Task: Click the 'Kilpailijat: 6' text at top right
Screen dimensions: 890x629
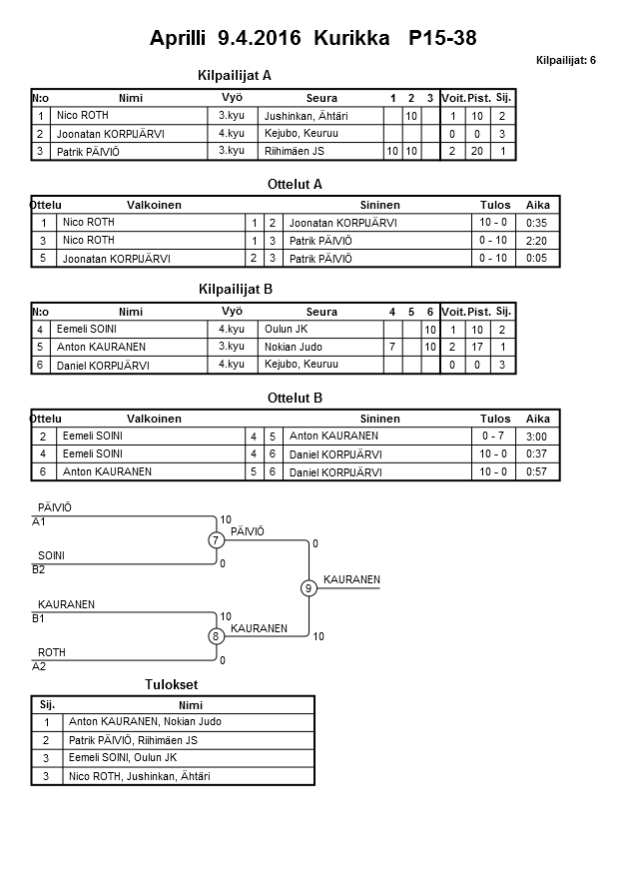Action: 565,61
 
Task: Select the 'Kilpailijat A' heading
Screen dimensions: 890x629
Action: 236,75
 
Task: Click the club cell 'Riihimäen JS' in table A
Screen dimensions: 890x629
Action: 294,151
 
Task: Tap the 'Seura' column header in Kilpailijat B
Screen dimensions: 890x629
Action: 321,312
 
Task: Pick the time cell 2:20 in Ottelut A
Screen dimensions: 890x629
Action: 537,241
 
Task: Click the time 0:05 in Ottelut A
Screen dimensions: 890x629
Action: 537,259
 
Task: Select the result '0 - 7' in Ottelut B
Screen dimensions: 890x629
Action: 493,437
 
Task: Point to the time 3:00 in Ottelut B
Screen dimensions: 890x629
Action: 537,437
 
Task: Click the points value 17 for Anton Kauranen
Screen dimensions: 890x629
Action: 478,348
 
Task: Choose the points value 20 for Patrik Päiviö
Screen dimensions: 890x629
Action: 478,151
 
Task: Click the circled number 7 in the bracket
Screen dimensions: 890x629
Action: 216,540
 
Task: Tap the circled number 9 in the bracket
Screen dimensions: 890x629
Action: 309,588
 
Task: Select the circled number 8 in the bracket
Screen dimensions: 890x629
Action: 216,636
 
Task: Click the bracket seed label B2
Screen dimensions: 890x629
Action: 39,570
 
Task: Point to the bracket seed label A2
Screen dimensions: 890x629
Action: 39,666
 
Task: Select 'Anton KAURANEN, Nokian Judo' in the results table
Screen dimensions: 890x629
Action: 145,722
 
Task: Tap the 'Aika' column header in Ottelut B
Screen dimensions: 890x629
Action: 538,420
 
